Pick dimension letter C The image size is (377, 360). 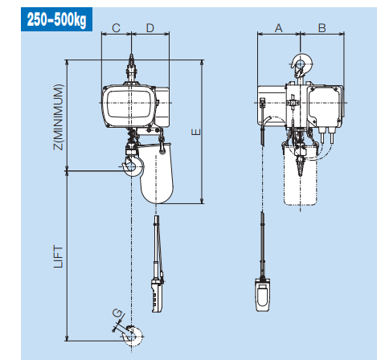click(116, 28)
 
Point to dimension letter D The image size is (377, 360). click(150, 28)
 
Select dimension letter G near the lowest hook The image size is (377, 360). click(117, 313)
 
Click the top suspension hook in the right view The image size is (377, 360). click(301, 67)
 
